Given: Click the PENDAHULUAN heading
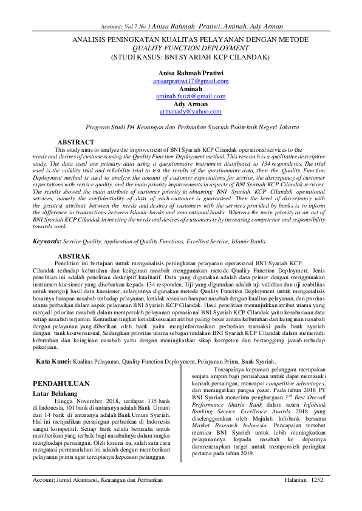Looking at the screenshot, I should (61, 384).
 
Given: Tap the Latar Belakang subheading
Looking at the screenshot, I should (57, 394).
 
